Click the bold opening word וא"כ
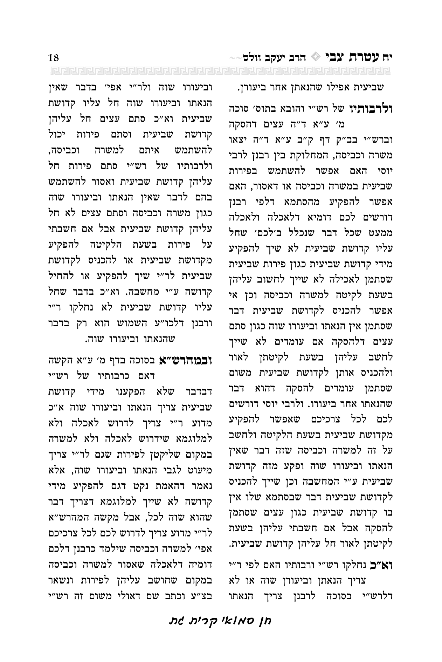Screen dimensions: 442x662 click(383, 565)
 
